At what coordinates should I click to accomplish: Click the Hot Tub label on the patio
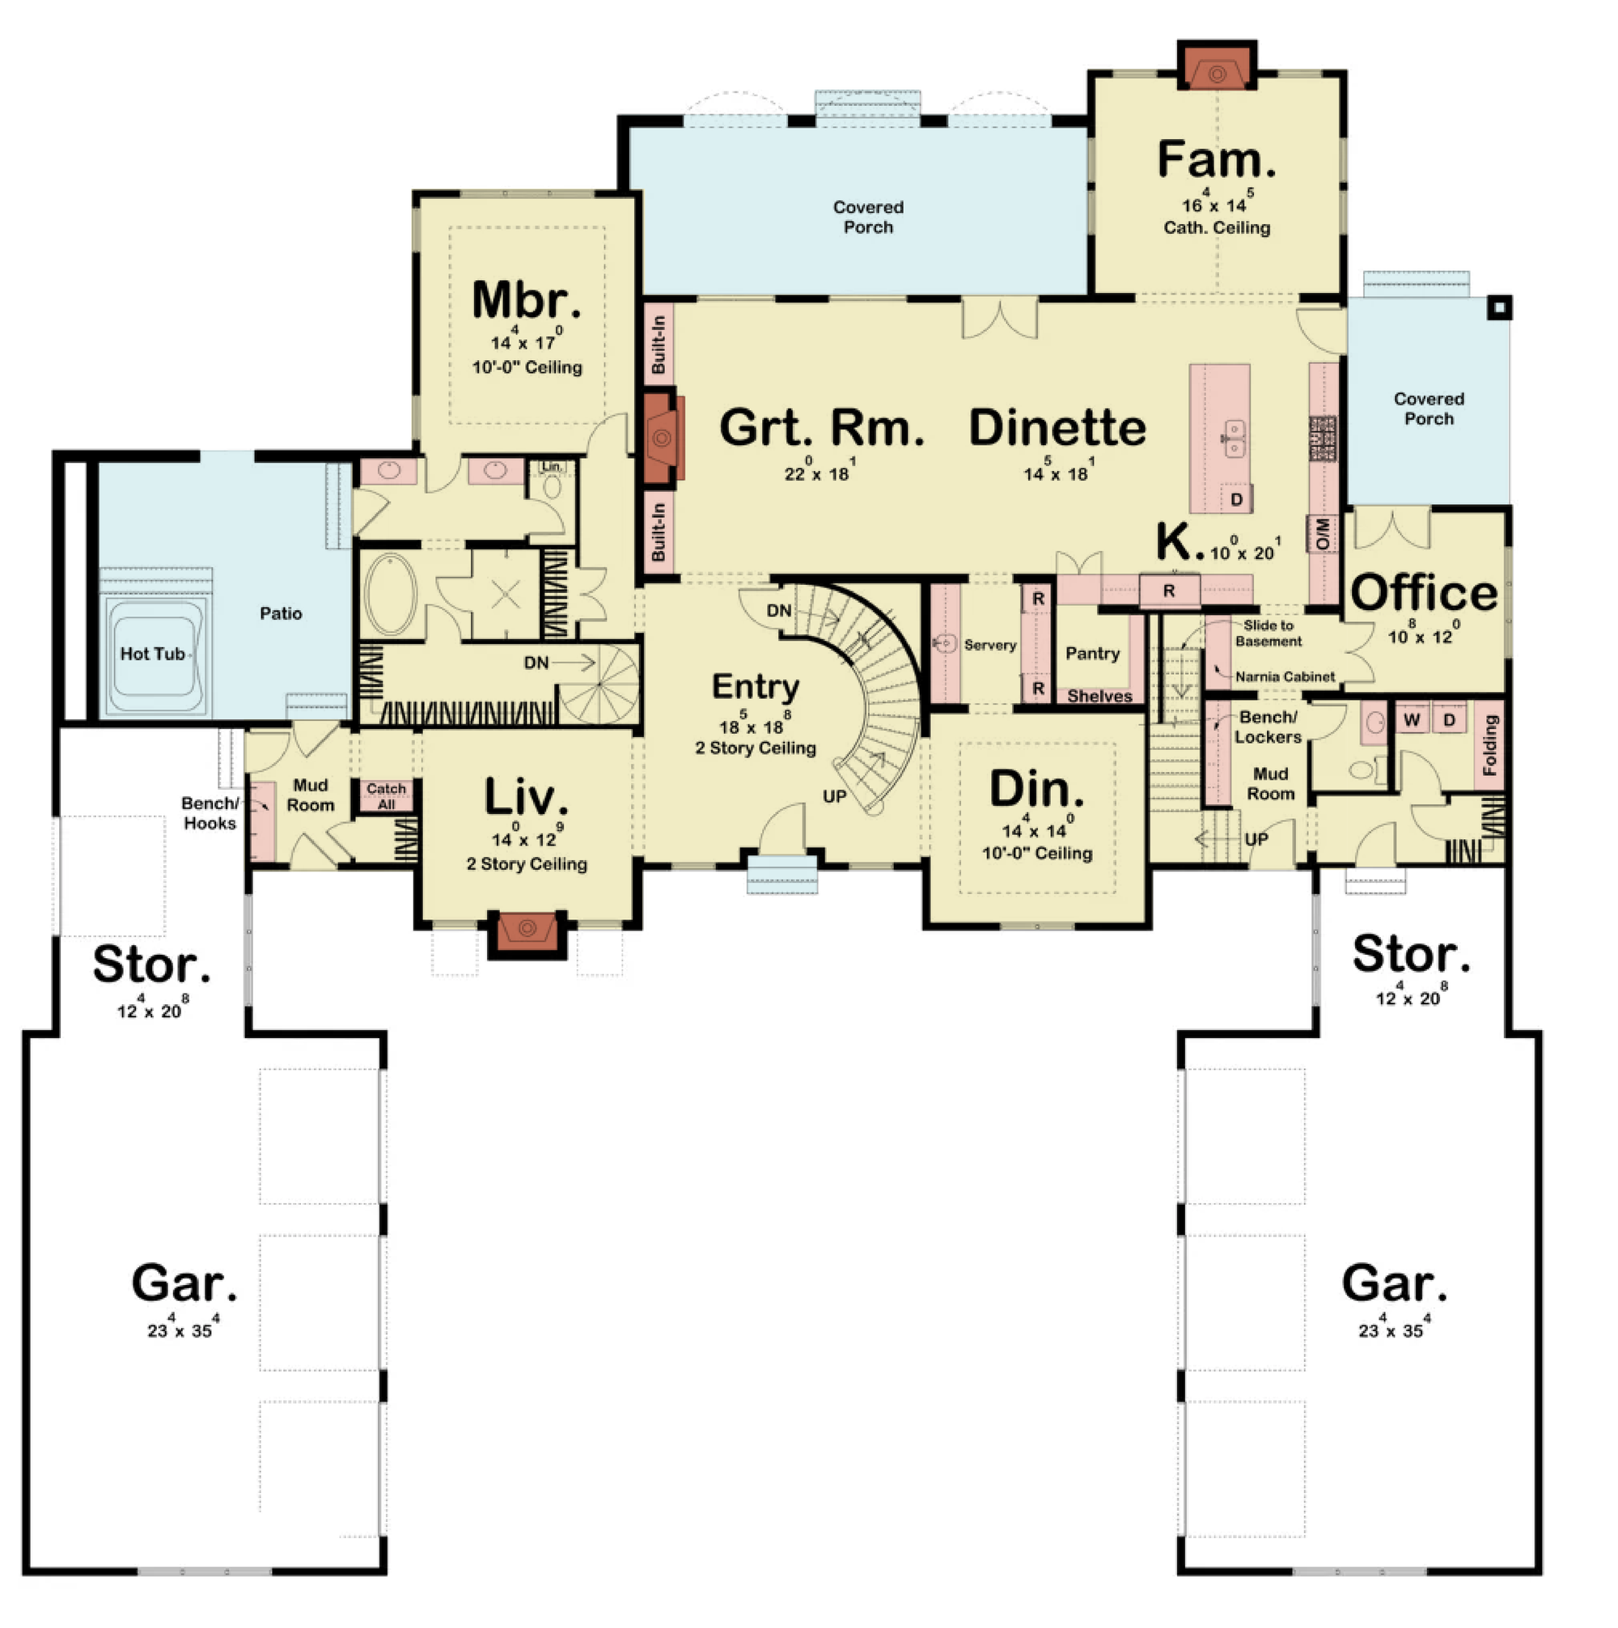click(x=152, y=654)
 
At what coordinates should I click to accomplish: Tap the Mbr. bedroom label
click(x=526, y=300)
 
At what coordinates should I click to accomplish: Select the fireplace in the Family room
click(x=1216, y=67)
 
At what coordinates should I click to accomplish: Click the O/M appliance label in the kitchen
click(x=1322, y=533)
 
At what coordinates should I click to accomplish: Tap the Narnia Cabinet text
click(x=1285, y=676)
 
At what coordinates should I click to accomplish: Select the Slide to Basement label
click(x=1269, y=633)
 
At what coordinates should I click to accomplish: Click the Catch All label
click(x=386, y=795)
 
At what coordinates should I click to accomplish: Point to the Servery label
click(x=989, y=645)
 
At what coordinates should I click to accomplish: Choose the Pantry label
click(x=1092, y=653)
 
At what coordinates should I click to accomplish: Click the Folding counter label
click(x=1490, y=745)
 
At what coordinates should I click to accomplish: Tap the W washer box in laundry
click(x=1413, y=719)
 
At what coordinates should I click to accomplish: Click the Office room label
click(x=1424, y=593)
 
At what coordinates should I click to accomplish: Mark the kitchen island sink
click(x=1233, y=439)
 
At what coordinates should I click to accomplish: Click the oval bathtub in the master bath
click(x=390, y=593)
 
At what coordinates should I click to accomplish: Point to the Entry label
click(x=755, y=687)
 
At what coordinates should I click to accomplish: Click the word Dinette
click(x=1057, y=427)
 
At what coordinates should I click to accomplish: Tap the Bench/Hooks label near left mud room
click(x=210, y=813)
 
